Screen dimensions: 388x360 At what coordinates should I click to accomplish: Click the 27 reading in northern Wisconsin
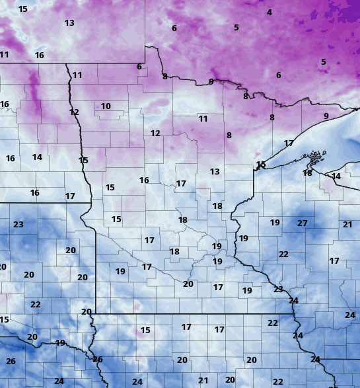tap(303, 223)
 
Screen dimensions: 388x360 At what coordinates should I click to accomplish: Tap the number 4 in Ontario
tap(270, 13)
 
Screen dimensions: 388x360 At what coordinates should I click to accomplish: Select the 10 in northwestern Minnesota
tap(106, 106)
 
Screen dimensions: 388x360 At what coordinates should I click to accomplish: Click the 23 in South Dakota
tap(18, 225)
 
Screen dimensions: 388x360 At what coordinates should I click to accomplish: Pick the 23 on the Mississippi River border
tap(278, 289)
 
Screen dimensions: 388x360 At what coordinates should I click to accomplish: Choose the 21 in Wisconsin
tap(347, 225)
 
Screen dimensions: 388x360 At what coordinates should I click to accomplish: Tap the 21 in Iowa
tap(203, 381)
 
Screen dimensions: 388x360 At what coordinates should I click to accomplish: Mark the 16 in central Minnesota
tap(144, 180)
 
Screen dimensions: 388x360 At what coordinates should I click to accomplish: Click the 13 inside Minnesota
tap(215, 172)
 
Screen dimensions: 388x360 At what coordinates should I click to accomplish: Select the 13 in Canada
tap(69, 23)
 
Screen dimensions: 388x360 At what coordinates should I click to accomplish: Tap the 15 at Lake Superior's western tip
tap(261, 165)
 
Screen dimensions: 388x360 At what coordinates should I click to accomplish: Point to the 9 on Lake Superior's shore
tap(326, 116)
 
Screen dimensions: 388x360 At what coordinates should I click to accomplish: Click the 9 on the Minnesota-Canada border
tap(211, 82)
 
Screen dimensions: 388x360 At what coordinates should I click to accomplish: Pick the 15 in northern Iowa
tap(145, 330)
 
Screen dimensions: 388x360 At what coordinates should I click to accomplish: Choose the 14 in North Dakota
tap(37, 157)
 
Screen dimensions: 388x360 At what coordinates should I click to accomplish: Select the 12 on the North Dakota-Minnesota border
tap(74, 112)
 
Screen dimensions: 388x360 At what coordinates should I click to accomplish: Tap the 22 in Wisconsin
tap(283, 254)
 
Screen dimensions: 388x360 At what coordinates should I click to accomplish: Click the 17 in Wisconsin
tap(334, 261)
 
